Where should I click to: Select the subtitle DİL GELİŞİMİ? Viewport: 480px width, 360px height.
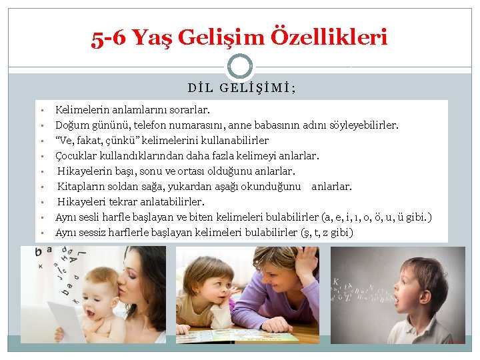(x=242, y=87)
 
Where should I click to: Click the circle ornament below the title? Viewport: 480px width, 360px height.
(x=240, y=67)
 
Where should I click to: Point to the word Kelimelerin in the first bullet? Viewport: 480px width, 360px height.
(x=80, y=109)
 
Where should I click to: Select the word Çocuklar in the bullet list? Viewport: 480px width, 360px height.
(x=76, y=155)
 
